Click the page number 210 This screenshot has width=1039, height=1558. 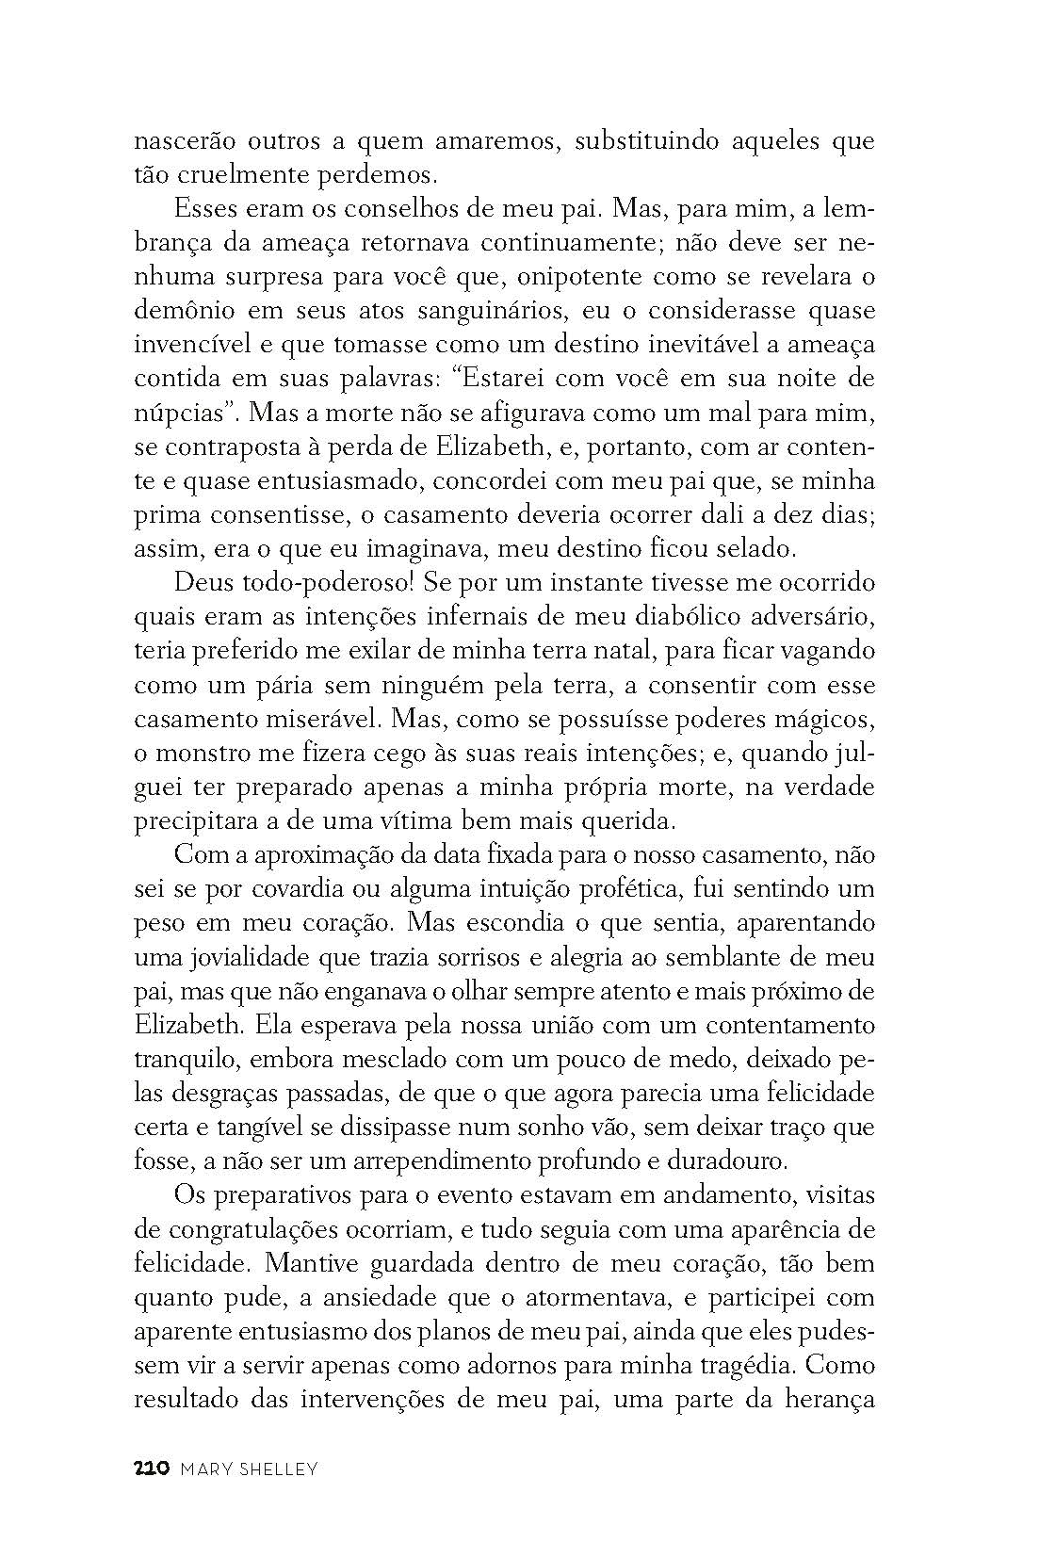(x=151, y=1468)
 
